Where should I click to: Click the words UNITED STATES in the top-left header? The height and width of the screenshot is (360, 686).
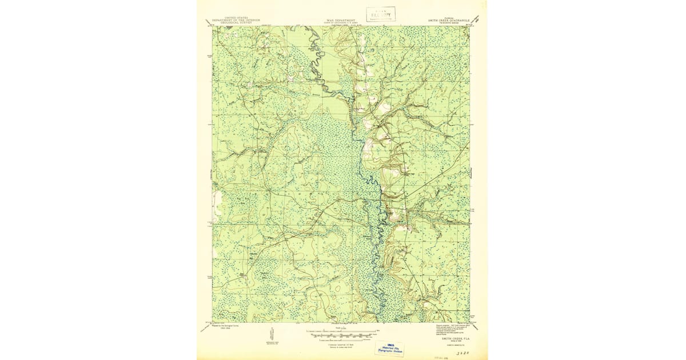234,18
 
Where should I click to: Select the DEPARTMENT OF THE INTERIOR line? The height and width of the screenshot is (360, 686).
234,20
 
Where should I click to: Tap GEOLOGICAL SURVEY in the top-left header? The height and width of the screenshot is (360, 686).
234,23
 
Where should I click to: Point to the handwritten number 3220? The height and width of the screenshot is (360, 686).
456,354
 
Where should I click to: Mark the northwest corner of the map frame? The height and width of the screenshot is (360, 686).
213,26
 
